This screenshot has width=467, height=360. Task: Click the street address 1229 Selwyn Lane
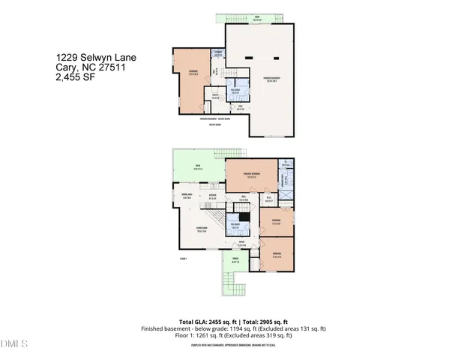click(x=96, y=57)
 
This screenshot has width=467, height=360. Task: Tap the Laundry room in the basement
click(x=218, y=54)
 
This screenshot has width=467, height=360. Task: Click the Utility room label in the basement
click(x=214, y=96)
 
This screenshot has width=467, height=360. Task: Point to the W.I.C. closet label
click(x=269, y=200)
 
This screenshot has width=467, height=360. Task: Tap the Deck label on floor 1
click(x=198, y=167)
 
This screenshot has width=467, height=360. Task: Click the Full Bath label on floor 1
click(x=235, y=226)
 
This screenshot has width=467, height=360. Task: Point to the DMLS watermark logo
click(x=14, y=344)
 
